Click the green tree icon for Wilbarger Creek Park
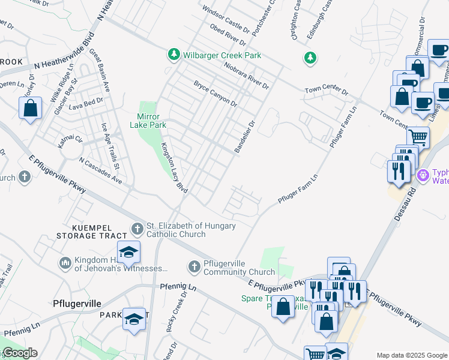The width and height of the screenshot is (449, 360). (x=174, y=55)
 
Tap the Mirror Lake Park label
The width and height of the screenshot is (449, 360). (x=148, y=121)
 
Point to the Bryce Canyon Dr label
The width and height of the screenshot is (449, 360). (x=215, y=94)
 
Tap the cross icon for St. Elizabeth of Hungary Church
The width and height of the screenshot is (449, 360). (x=137, y=229)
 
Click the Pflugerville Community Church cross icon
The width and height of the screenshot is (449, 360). (x=194, y=266)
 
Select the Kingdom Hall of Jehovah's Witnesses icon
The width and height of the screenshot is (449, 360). (x=65, y=263)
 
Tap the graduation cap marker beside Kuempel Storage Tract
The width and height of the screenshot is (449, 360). (x=128, y=253)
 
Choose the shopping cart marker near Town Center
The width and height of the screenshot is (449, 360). (x=418, y=137)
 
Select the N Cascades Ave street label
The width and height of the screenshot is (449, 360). (x=100, y=172)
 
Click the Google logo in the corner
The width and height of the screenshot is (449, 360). (x=19, y=353)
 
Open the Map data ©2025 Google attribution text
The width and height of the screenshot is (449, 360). (x=411, y=355)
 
